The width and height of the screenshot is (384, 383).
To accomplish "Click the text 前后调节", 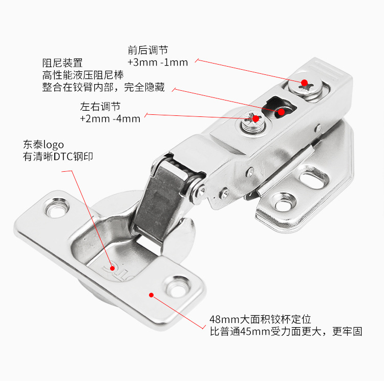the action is click(148, 50).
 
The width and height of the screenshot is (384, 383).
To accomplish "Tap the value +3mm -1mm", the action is click(158, 63).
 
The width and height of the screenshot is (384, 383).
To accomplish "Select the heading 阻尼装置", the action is click(62, 63).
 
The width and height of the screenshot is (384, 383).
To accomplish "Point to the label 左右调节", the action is click(100, 107).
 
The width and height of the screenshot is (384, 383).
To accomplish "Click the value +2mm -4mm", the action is click(110, 119).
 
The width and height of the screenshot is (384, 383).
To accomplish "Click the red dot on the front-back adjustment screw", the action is click(304, 83).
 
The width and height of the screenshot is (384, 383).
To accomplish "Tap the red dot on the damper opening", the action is click(281, 111).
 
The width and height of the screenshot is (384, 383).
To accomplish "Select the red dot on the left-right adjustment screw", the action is click(255, 119).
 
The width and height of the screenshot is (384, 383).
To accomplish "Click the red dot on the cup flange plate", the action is click(152, 294).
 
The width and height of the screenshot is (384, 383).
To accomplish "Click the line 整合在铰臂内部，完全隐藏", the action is click(103, 87).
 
